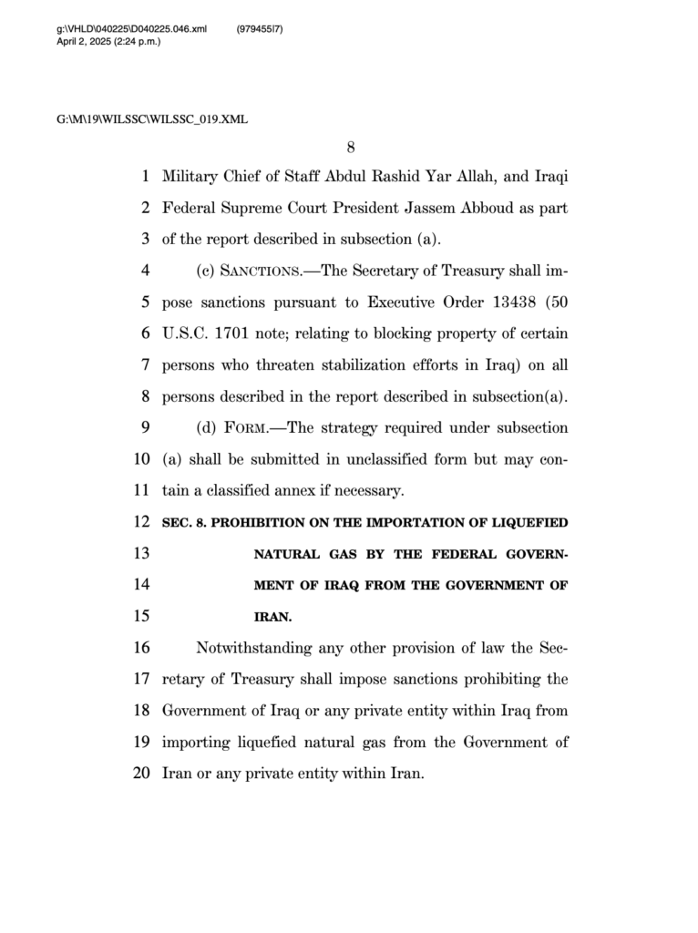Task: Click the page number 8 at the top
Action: (349, 148)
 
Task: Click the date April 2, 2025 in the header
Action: (87, 41)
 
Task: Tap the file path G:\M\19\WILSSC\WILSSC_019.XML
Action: (152, 119)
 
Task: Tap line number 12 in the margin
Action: (140, 522)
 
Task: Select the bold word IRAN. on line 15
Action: (272, 617)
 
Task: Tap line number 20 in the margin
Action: (140, 774)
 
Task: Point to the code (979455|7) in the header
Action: (260, 29)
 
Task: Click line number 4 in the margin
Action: (145, 272)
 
